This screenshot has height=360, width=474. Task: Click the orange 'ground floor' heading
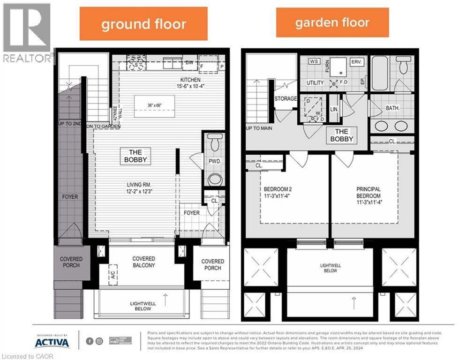pos(143,24)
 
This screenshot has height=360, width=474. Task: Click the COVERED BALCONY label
pos(143,262)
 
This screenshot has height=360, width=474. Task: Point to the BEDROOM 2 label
pos(278,193)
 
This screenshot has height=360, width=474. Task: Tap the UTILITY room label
pos(315,83)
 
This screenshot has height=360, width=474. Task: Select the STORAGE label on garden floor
pos(285,99)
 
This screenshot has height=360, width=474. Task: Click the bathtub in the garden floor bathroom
pos(379,73)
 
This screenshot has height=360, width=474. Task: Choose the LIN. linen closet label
pos(334,109)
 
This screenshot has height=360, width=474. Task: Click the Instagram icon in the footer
pos(99,341)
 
